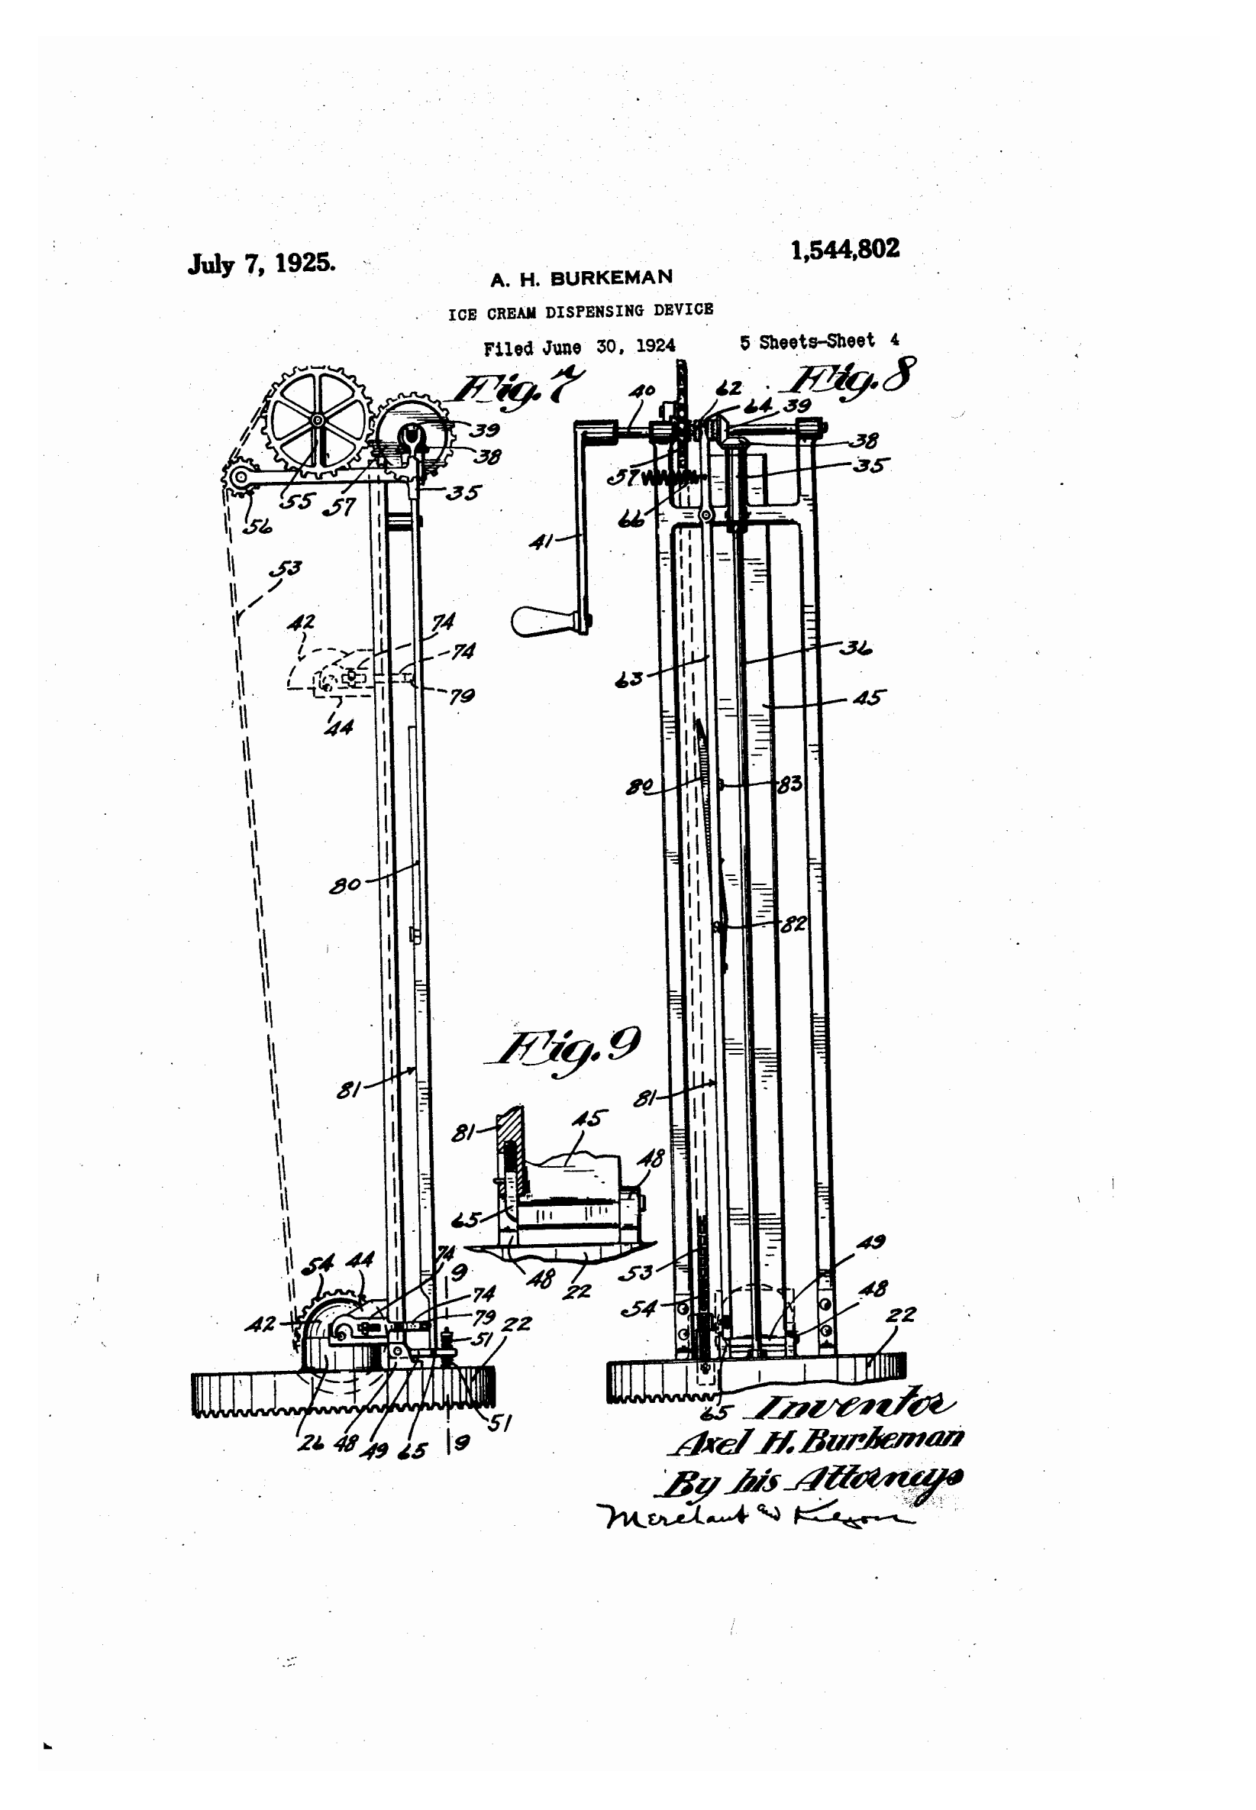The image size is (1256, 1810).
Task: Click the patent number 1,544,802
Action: coord(844,250)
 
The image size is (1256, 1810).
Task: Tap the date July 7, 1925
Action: coord(261,263)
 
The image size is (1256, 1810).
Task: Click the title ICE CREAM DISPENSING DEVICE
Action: coord(581,312)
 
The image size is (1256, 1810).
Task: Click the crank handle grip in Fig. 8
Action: coord(541,621)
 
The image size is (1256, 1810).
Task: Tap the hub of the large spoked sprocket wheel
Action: coord(317,421)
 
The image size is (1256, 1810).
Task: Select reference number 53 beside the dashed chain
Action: coord(286,567)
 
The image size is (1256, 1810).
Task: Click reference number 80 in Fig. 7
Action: coord(344,884)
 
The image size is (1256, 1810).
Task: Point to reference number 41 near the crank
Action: coord(541,541)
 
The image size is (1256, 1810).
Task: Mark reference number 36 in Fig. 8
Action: coord(855,648)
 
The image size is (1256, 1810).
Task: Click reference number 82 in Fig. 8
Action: coord(793,924)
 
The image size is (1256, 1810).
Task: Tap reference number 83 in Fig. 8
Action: coord(789,784)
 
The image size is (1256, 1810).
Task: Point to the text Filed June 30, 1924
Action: coord(580,347)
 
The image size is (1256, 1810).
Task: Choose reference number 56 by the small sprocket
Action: coord(257,526)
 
